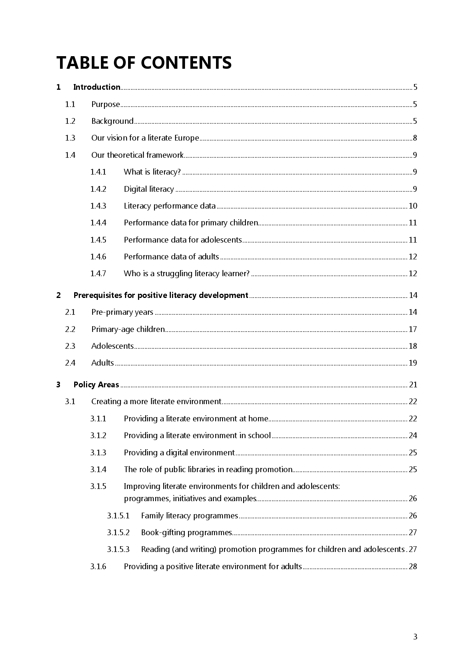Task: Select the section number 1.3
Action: point(70,138)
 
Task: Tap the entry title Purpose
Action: point(106,104)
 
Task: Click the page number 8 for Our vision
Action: point(415,138)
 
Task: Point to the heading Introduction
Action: point(97,87)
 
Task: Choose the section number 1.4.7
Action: point(98,274)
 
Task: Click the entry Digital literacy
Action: point(149,189)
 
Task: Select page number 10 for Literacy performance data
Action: point(413,206)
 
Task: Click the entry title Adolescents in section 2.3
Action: point(112,346)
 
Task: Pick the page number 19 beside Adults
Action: point(413,363)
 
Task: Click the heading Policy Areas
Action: point(96,385)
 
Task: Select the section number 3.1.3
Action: point(98,453)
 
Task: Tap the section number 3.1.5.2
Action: point(118,532)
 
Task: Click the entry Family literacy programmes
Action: point(189,516)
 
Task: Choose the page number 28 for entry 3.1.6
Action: point(413,566)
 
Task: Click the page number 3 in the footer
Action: point(415,637)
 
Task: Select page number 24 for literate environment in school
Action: point(413,435)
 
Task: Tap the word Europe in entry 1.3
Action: point(187,138)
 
